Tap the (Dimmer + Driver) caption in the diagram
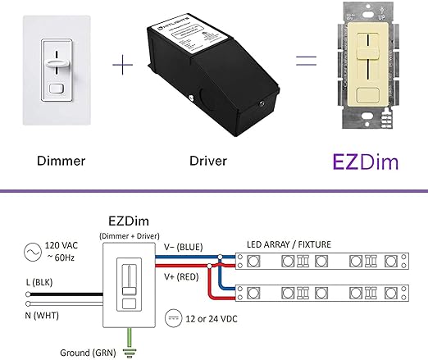[128, 236]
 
